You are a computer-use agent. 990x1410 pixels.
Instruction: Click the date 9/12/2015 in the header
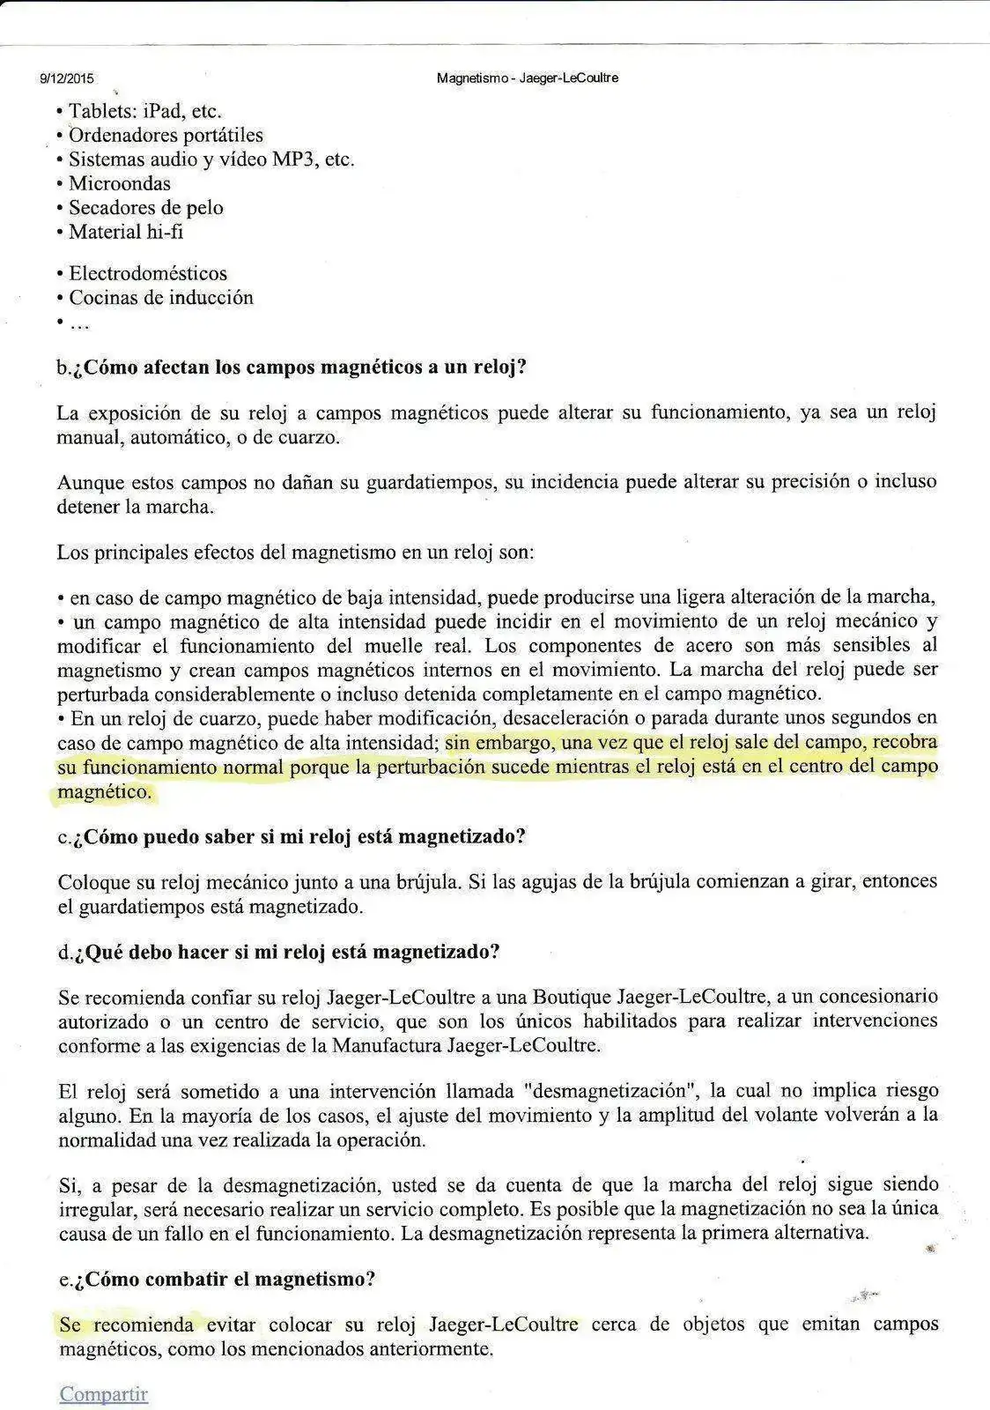point(67,78)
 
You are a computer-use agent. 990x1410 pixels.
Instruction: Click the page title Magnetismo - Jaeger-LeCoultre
point(528,78)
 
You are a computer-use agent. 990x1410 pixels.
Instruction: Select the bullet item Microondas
point(120,183)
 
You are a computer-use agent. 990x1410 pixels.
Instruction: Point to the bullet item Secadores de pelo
point(146,208)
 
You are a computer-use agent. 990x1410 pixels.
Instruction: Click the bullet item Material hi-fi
point(126,232)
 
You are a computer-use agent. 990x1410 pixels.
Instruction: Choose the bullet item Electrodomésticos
point(148,273)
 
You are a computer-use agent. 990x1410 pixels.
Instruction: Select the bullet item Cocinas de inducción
point(161,298)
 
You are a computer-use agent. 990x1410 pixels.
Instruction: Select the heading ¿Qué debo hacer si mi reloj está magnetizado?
point(279,952)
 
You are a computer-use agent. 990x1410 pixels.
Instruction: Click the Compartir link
point(103,1394)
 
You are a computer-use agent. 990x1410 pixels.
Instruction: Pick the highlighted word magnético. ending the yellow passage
point(104,791)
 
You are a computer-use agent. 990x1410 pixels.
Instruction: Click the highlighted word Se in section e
point(70,1324)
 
